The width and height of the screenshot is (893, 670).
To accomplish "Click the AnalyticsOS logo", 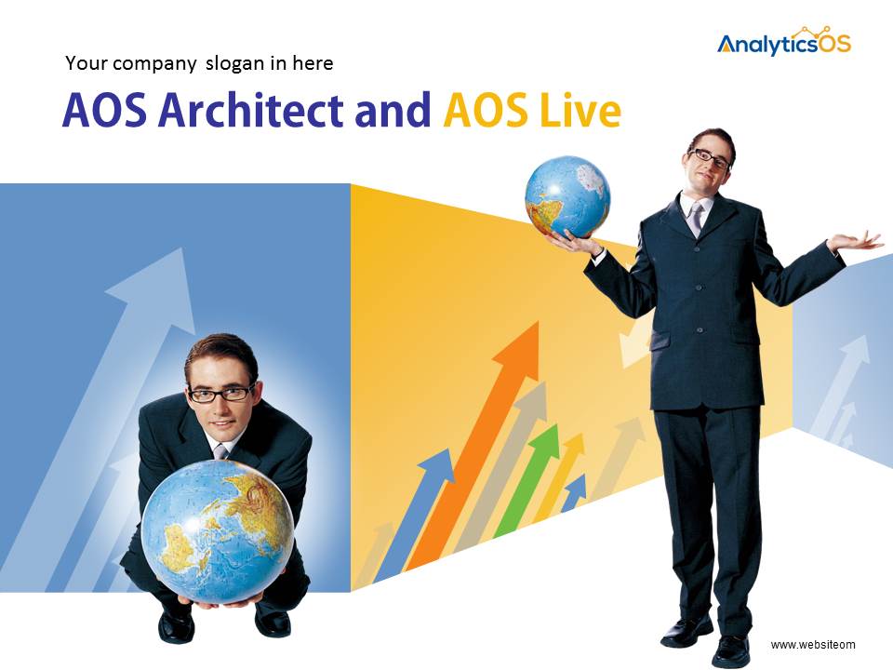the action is tap(783, 42).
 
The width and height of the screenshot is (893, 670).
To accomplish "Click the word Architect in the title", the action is tap(250, 110).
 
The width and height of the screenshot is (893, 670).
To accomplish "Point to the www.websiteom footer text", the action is tap(813, 644).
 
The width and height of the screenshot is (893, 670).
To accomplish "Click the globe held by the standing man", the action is tap(567, 197).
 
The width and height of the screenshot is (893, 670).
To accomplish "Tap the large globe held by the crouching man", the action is tap(217, 531).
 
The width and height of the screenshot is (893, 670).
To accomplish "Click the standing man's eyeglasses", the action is tap(710, 158).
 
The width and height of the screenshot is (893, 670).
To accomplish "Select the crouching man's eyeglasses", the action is tap(221, 393).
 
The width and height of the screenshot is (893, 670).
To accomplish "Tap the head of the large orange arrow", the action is tap(519, 349).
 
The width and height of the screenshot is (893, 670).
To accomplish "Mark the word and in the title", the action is tap(393, 111).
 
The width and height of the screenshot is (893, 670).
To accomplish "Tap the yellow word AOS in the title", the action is tap(486, 111).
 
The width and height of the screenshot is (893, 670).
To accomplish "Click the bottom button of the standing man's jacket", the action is tap(700, 329).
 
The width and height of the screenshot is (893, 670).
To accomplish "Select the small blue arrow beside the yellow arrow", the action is tap(575, 491).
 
